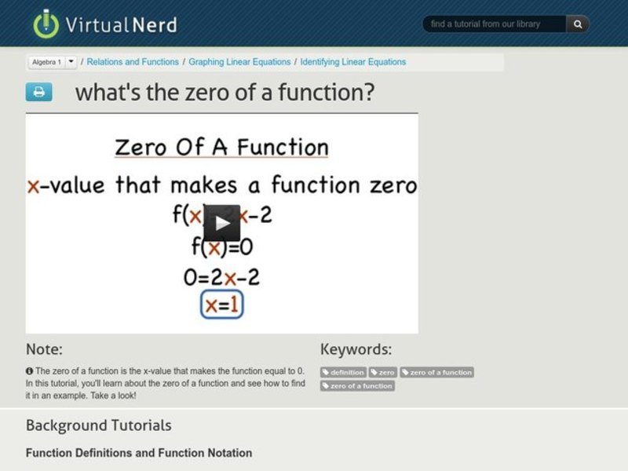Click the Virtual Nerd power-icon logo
[x=46, y=24]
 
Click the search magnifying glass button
[x=578, y=24]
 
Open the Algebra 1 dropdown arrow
[x=71, y=61]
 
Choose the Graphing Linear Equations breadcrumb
[x=240, y=61]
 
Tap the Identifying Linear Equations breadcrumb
[x=353, y=61]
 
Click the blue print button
[x=38, y=92]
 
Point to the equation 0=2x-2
[x=222, y=276]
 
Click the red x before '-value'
[x=33, y=186]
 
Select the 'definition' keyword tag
[x=343, y=372]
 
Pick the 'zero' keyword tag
[x=383, y=372]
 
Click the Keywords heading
[x=356, y=349]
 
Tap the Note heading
[x=44, y=349]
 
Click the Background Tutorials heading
[x=98, y=425]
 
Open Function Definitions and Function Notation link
[x=139, y=453]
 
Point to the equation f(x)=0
[x=222, y=247]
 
